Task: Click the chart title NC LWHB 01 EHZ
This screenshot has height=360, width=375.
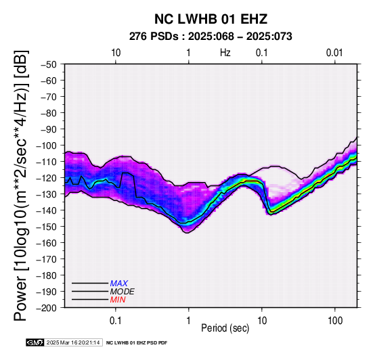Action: coord(211,19)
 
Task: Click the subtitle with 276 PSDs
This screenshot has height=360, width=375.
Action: coord(211,37)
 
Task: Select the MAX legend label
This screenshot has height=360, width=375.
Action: coord(118,284)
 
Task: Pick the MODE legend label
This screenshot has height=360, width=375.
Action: coord(122,292)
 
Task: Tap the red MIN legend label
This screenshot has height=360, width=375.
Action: coord(117,300)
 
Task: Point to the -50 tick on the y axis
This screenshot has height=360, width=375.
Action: coord(49,64)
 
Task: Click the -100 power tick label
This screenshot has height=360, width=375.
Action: coord(47,145)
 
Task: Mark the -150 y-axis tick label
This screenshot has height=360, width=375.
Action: coord(47,227)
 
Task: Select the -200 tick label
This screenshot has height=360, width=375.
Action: coord(47,308)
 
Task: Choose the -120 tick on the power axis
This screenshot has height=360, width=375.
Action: coord(47,178)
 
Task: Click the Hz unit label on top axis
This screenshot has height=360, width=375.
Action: coord(225,53)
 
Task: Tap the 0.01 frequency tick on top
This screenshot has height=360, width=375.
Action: coord(334,53)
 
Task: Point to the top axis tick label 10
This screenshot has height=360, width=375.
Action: coord(116,53)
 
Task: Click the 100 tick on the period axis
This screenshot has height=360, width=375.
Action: coord(335,321)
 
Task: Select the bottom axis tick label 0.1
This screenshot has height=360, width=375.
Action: coord(116,321)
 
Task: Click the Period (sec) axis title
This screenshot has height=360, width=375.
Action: coord(225,328)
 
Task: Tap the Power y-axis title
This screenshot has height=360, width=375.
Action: coord(21,185)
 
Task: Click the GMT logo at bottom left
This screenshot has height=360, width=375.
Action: coord(35,342)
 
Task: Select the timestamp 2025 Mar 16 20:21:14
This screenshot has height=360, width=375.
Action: coord(73,342)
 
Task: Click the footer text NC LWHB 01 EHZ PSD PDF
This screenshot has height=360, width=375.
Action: coord(137,343)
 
